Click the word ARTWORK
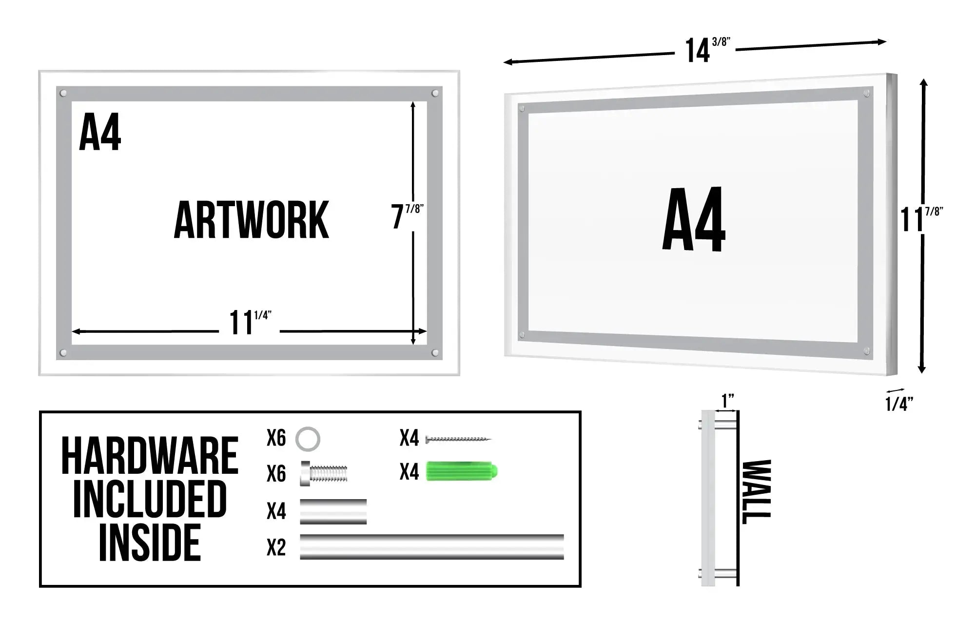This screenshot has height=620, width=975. (252, 220)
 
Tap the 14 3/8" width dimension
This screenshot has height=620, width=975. (707, 49)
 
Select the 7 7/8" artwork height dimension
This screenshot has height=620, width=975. (407, 216)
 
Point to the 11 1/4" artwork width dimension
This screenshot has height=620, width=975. (250, 322)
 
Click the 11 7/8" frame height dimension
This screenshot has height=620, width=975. (921, 219)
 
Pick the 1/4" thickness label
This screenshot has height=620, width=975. (899, 404)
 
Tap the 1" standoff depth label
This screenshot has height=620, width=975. (728, 401)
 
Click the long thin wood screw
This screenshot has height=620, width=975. (458, 439)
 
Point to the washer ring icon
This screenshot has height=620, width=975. (308, 438)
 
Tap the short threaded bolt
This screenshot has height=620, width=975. (324, 474)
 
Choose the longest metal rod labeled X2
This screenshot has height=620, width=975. (432, 547)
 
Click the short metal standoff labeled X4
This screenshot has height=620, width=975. (333, 512)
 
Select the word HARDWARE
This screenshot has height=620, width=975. (150, 456)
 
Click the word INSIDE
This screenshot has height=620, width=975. (150, 542)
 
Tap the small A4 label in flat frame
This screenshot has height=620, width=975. (100, 133)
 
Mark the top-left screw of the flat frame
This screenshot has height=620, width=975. (63, 93)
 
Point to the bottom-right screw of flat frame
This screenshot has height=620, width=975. (435, 352)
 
